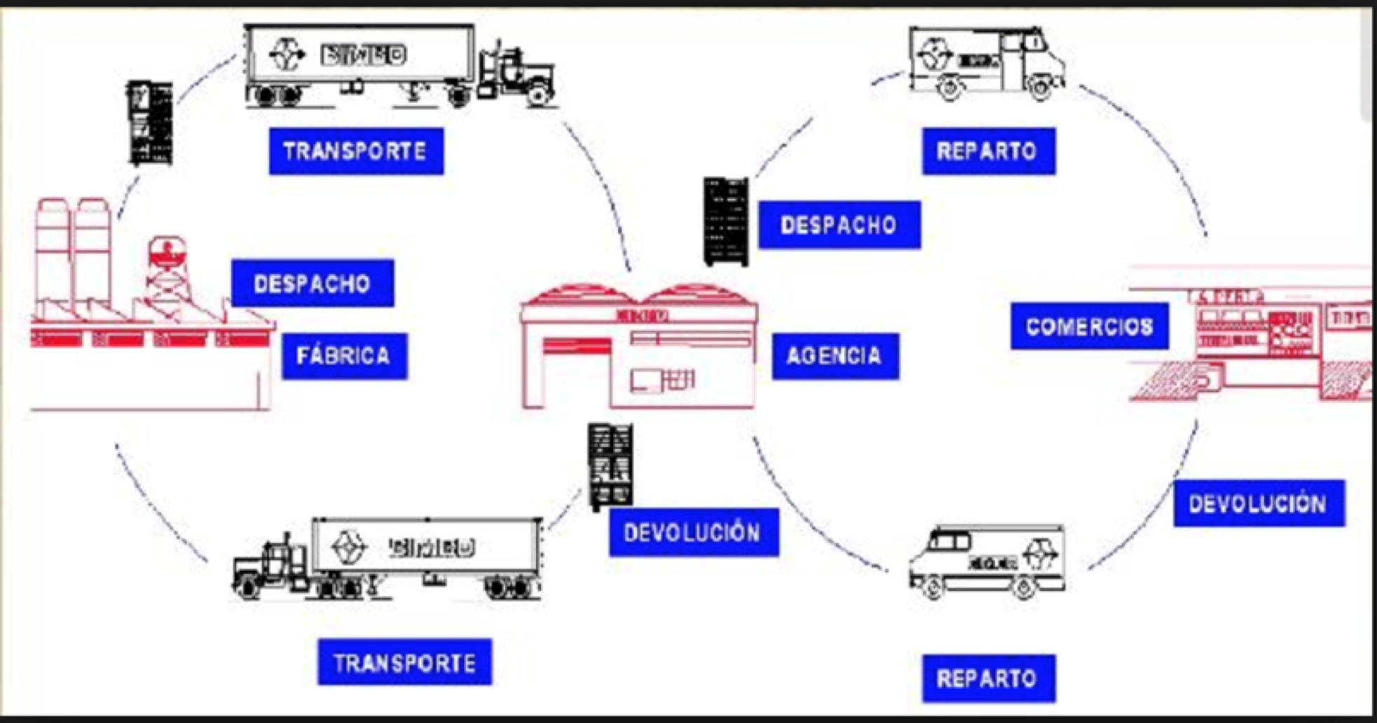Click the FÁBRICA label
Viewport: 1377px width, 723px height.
click(344, 356)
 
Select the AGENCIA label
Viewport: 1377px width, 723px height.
click(835, 356)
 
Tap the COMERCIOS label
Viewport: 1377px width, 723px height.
click(1089, 326)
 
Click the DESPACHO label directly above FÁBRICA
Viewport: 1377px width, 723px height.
click(313, 283)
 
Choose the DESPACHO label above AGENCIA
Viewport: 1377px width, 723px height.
click(839, 225)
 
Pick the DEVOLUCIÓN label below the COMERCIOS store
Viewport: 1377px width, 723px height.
click(1259, 503)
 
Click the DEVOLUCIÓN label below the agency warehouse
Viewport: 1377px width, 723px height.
click(693, 532)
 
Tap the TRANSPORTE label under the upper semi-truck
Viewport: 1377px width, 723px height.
click(356, 151)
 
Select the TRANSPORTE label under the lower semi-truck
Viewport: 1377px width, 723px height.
click(404, 662)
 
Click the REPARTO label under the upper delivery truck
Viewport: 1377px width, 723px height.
click(988, 151)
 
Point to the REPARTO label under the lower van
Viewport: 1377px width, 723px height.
click(988, 678)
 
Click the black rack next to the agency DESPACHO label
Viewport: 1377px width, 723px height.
click(726, 221)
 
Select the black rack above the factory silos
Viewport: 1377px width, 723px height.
click(149, 123)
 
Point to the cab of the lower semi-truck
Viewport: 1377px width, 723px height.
click(270, 564)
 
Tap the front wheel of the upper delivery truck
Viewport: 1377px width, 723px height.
click(1040, 88)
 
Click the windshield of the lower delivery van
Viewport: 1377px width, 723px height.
click(946, 542)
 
